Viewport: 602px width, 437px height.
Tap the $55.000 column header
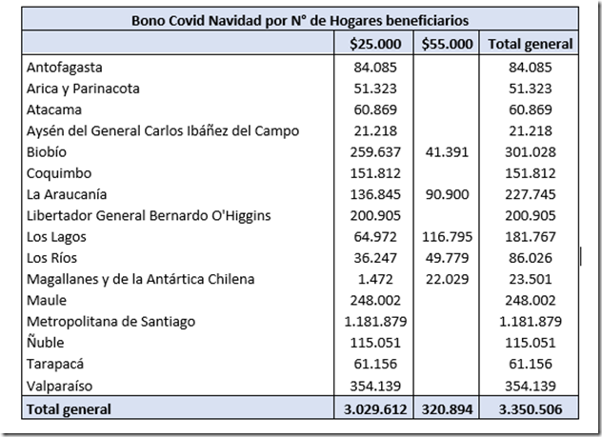point(447,43)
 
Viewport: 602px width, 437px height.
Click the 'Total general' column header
point(530,43)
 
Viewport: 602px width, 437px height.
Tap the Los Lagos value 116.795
point(445,237)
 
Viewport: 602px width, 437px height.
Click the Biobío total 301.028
point(530,152)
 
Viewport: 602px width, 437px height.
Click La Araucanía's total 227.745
point(530,194)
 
